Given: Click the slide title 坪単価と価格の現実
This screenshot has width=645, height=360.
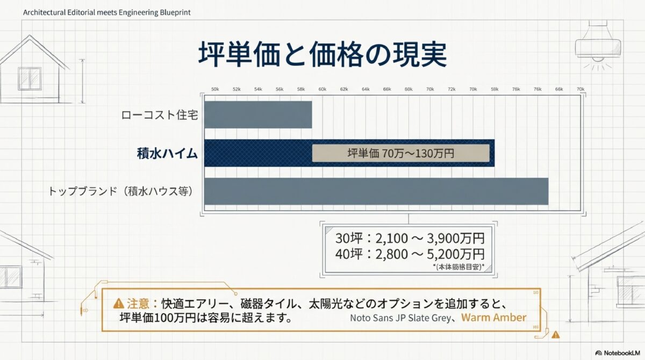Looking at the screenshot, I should (x=322, y=54).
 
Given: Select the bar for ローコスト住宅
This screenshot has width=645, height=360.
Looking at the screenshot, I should (x=258, y=114).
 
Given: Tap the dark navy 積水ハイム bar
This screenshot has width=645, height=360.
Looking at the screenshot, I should (x=258, y=153).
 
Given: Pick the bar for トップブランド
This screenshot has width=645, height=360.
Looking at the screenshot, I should (x=376, y=191).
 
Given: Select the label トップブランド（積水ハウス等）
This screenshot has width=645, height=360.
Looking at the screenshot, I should (x=121, y=191).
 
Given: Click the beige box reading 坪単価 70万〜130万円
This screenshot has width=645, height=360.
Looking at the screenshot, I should (x=400, y=153).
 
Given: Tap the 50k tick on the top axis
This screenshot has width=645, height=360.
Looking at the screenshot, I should (x=215, y=89).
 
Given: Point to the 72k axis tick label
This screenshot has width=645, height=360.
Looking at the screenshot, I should (x=451, y=89).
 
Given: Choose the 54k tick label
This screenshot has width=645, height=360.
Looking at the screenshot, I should (x=258, y=89).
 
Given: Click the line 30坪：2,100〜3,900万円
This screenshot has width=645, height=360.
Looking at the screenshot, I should (x=410, y=237).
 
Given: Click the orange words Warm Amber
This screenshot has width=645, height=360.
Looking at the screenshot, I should (x=493, y=317).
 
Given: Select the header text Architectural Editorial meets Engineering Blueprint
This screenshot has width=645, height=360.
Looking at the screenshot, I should (x=106, y=12).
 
